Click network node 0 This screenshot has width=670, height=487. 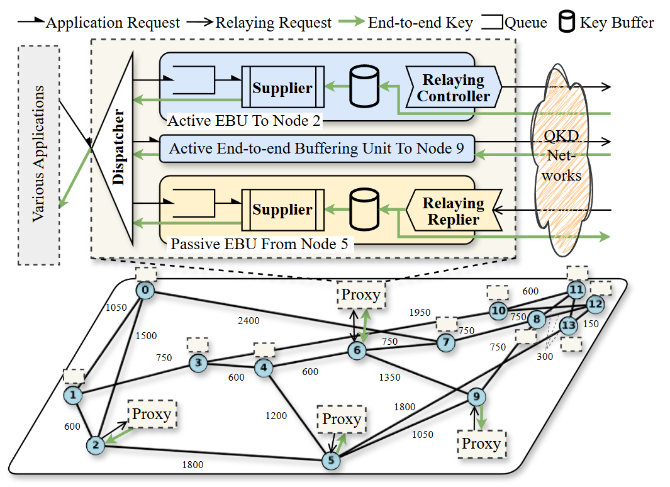coord(144,291)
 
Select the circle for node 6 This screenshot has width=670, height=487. coord(357,351)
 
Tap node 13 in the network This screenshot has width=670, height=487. coord(568,325)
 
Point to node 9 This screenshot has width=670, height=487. coord(477,396)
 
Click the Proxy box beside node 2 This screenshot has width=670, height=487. coord(152,414)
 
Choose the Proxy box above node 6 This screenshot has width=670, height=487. coord(361,294)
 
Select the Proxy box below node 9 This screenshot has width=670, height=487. coord(481,443)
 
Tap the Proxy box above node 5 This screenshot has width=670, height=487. coord(342,419)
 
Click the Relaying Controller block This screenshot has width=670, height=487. coord(453,89)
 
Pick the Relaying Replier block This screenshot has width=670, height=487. coord(453,211)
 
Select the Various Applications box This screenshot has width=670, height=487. coord(39,154)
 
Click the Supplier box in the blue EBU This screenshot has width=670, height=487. coord(282,89)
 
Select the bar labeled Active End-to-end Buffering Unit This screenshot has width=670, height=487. coord(316,149)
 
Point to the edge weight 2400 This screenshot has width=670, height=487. coord(248,320)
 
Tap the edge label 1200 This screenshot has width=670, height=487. coord(276,416)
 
